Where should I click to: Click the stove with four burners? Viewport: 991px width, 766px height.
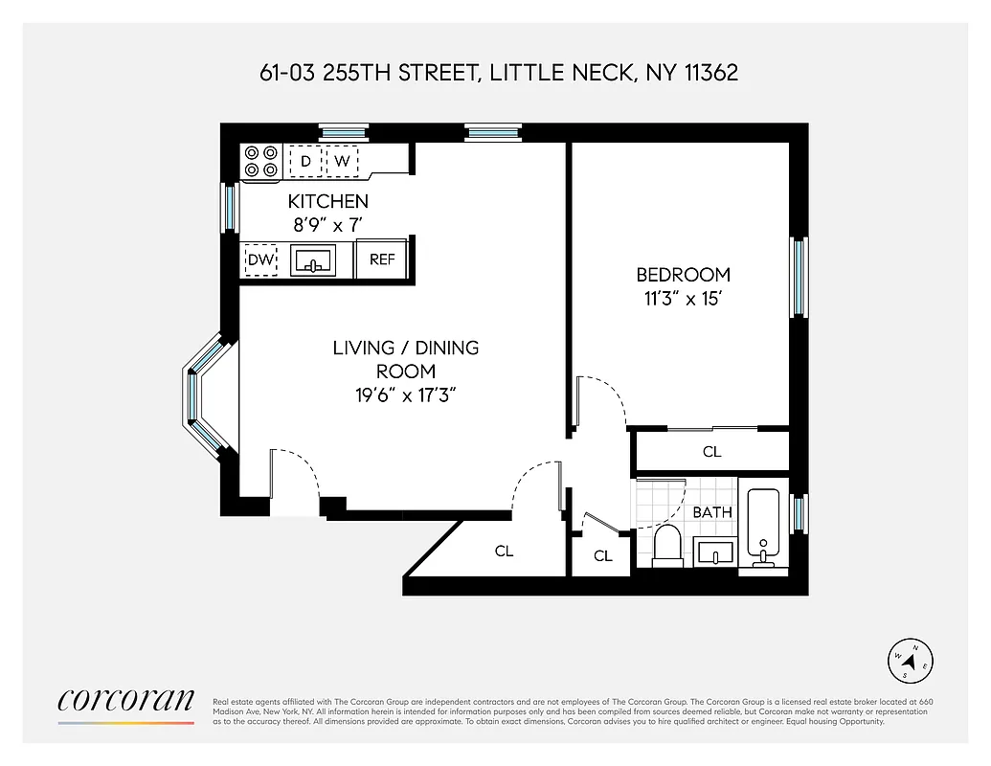260,161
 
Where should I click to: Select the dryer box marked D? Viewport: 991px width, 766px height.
305,161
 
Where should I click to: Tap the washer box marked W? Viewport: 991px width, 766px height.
341,161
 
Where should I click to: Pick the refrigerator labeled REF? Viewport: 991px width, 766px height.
382,259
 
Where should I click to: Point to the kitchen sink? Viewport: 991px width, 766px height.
312,260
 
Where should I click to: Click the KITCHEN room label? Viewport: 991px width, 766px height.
327,201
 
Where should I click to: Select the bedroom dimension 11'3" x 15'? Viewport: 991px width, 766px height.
683,298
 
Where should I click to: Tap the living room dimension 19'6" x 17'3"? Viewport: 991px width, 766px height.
405,394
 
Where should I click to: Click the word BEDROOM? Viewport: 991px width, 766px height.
683,274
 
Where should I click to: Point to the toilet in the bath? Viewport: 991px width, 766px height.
666,545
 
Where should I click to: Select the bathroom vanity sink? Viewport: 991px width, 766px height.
714,552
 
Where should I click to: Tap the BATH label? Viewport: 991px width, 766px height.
712,512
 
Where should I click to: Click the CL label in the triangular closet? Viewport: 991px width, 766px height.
504,552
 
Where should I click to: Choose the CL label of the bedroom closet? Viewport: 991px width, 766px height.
711,451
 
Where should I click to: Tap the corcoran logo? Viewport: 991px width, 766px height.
126,701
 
